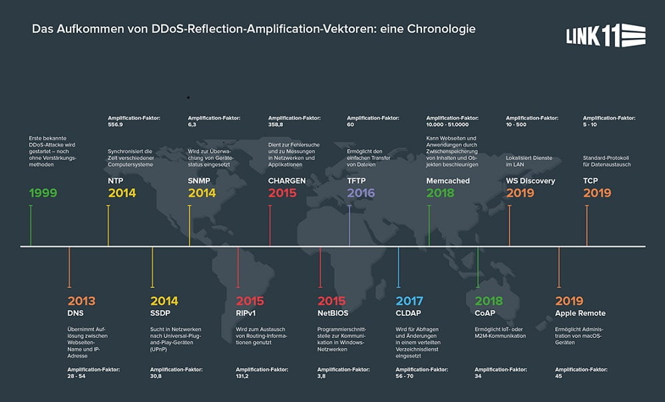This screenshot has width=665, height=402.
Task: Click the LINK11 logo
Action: tap(605, 36)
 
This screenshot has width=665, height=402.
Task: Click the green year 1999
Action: tap(43, 193)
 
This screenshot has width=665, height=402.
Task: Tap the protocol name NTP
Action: tap(115, 180)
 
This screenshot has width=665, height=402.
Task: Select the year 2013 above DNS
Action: tap(82, 301)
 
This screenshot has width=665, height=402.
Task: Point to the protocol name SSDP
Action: tap(161, 313)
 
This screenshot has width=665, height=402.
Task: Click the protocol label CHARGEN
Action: tap(287, 180)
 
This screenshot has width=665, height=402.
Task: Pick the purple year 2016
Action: tap(361, 193)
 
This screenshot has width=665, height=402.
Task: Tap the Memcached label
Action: tap(447, 180)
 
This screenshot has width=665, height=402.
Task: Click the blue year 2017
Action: tap(409, 301)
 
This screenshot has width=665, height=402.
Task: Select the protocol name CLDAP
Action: tap(409, 313)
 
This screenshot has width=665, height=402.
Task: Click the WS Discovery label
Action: tap(531, 180)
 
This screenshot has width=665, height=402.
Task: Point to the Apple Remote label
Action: tap(580, 313)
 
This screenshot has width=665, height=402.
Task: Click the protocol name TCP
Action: tap(591, 180)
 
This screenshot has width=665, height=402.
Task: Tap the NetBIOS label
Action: tap(333, 313)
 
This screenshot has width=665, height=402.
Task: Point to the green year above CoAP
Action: tap(489, 301)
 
